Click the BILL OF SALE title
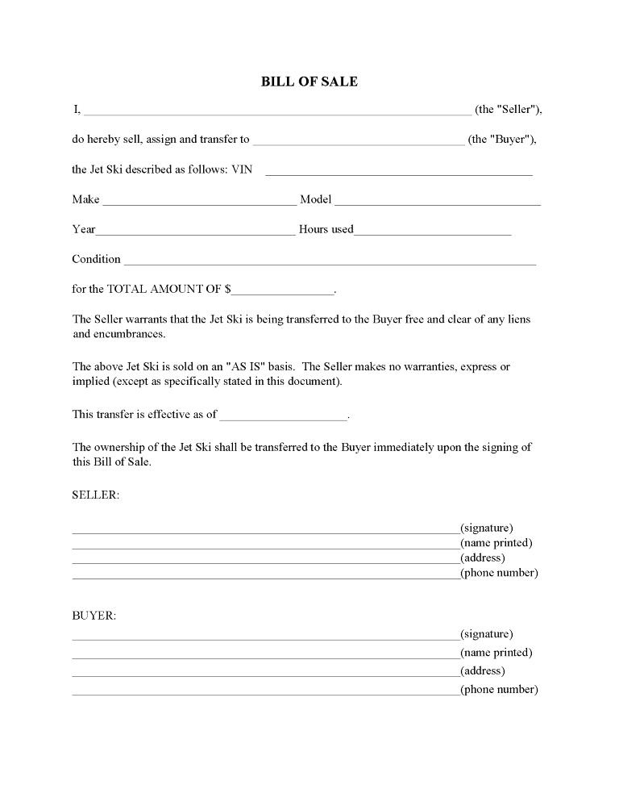pos(309,81)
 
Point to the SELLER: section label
pos(96,495)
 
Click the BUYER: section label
pos(94,616)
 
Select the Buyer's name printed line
pos(265,656)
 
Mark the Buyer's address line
pos(265,675)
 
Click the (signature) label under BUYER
pos(486,634)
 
